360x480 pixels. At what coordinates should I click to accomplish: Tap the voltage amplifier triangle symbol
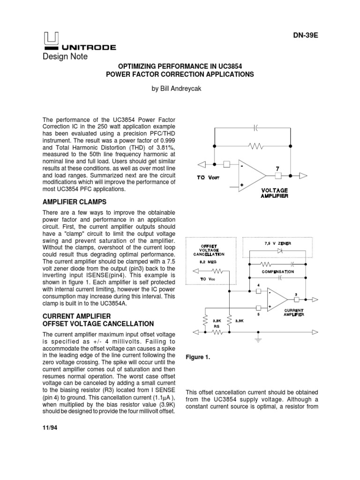[250, 175]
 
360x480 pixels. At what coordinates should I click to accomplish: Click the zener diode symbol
[280, 251]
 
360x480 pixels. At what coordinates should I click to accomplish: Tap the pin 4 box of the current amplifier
[258, 291]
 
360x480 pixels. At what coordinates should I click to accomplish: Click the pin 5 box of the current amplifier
[258, 308]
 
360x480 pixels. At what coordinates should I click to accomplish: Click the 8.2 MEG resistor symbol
[217, 270]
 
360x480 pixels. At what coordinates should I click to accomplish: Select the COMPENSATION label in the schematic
[278, 271]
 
